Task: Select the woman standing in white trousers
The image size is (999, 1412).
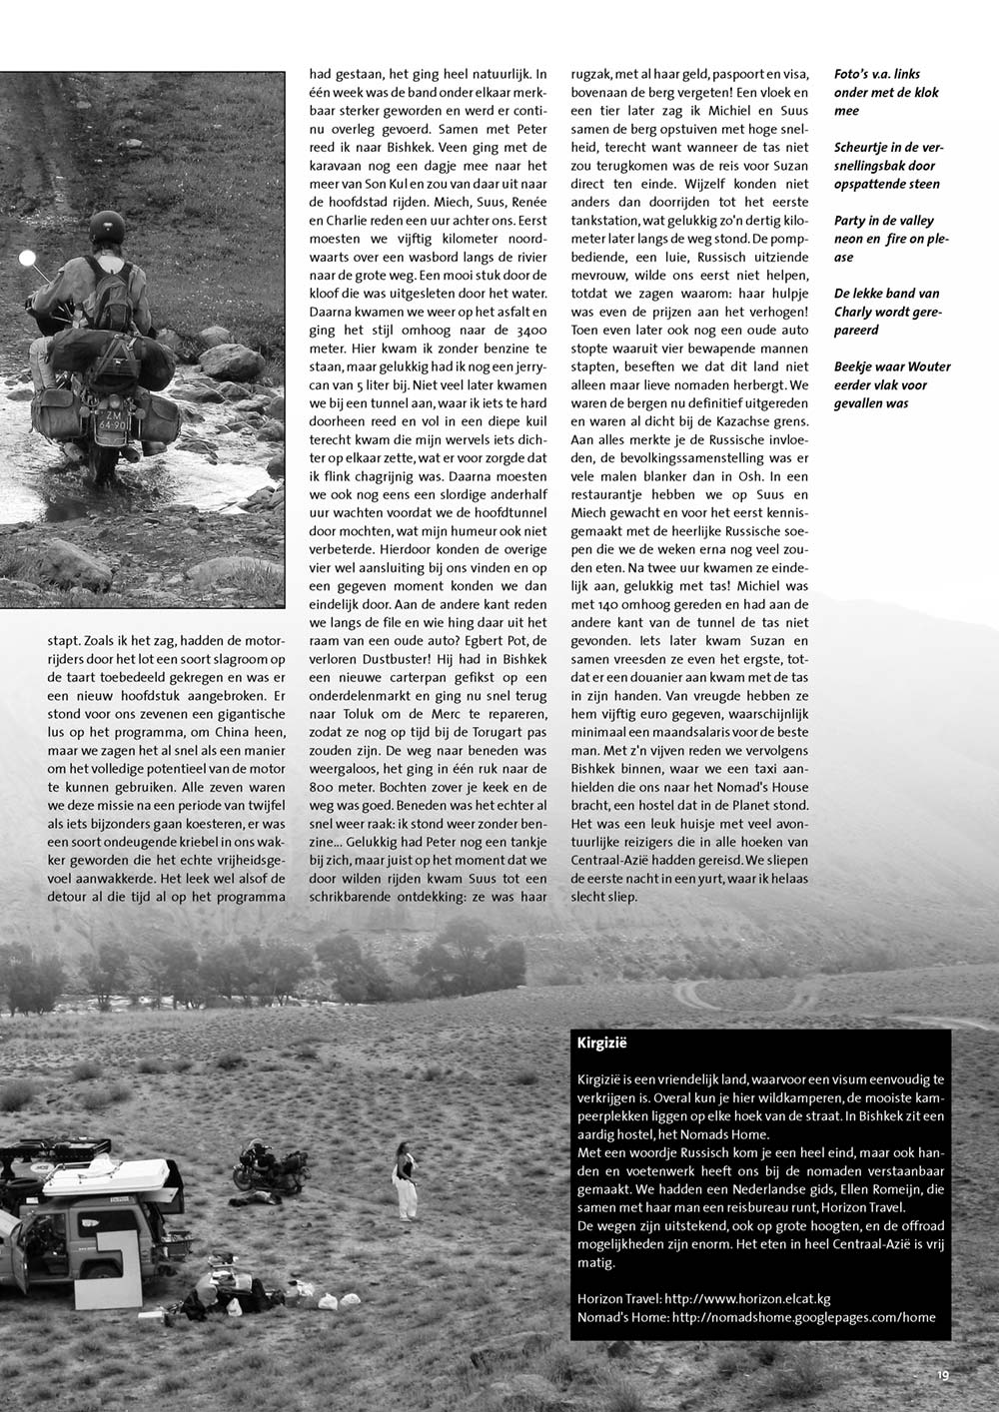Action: click(x=406, y=1178)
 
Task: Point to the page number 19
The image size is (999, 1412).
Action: click(x=942, y=1375)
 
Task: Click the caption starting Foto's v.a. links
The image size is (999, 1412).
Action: click(x=876, y=93)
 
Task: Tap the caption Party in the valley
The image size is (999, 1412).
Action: click(x=883, y=239)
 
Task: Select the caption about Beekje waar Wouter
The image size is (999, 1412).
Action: click(x=891, y=384)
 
